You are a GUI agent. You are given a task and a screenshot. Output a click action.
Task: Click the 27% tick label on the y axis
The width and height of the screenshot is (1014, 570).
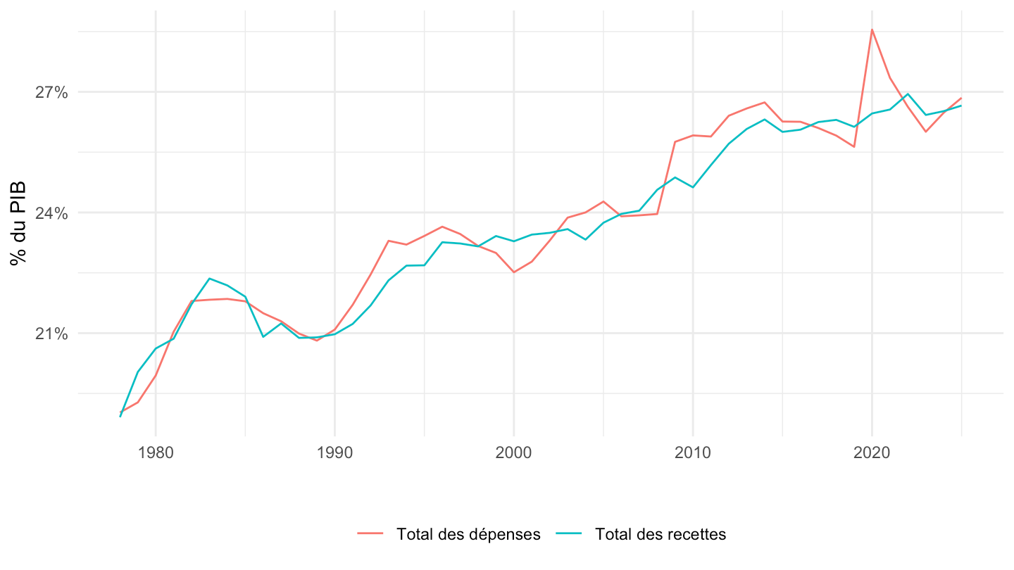coord(51,93)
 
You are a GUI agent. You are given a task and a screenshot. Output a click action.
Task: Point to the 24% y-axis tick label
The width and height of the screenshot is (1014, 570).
coord(51,213)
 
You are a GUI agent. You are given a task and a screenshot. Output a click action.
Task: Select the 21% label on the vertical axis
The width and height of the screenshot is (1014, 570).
coord(51,334)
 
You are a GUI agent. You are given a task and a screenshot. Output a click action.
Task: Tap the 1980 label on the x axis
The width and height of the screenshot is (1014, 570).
coord(156,452)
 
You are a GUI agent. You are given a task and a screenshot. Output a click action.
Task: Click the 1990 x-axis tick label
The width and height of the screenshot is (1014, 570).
coord(334,452)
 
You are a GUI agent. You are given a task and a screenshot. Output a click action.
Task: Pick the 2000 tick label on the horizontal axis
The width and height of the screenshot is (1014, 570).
coord(514,452)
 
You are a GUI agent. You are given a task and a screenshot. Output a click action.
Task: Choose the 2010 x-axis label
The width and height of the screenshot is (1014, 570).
coord(693,452)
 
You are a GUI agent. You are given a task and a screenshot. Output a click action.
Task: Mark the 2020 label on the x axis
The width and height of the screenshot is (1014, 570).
coord(872,452)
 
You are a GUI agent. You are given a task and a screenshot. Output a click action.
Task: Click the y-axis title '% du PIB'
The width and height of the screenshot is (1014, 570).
coord(18,223)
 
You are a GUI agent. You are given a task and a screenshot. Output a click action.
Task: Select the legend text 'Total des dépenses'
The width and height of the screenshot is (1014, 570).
coord(468,534)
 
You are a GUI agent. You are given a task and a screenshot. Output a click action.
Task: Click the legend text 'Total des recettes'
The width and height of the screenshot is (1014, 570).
coord(661,534)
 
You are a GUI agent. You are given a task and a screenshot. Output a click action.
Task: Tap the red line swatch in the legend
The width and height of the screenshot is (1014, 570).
coord(370,534)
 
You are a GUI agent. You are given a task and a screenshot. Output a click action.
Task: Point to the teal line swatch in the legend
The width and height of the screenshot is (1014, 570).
coord(568,534)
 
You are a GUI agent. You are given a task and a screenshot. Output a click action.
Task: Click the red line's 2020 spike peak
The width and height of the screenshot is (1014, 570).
coord(872,30)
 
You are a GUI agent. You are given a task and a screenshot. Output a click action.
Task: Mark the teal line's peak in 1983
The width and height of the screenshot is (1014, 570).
coord(209,279)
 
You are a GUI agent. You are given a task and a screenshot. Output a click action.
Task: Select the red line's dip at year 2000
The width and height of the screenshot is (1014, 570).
coord(514,272)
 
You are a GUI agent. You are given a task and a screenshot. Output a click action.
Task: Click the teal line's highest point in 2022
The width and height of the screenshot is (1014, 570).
coord(908,94)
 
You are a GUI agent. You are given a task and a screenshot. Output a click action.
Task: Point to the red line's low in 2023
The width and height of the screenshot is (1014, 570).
coord(926,132)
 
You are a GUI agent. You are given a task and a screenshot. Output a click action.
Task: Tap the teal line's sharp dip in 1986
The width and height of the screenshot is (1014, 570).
coord(263,337)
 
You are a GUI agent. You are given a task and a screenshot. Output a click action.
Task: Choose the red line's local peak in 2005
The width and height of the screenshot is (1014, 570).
coord(603,201)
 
